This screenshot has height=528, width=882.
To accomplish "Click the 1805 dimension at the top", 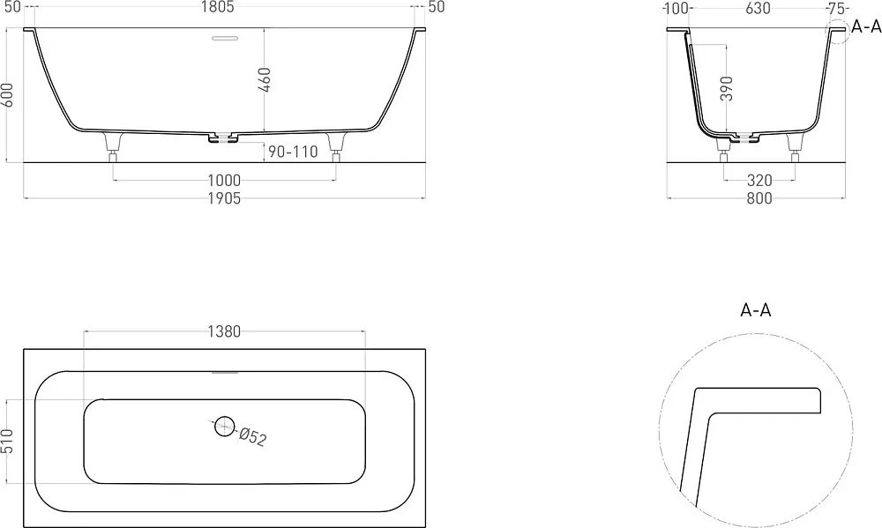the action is [x=217, y=7].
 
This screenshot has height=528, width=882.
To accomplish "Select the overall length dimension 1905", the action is [x=224, y=198].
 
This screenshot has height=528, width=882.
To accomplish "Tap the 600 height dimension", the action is [x=7, y=95].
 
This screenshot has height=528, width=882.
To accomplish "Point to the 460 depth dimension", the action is [x=265, y=80].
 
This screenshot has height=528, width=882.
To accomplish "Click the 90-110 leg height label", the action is [x=293, y=152].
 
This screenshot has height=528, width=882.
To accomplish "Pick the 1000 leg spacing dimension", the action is [x=224, y=181].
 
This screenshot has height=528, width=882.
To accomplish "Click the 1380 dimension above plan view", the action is [x=224, y=331].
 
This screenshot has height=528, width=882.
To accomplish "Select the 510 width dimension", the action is [x=7, y=442].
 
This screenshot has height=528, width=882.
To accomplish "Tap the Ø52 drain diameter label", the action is [x=252, y=437].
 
